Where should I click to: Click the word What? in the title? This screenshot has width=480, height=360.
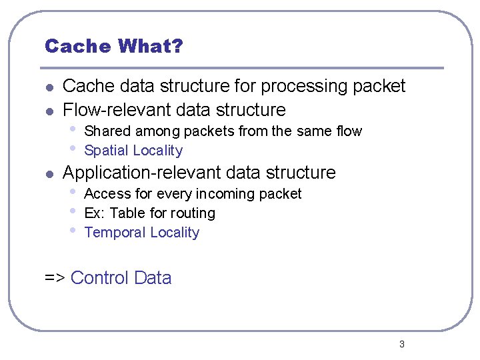point(150,46)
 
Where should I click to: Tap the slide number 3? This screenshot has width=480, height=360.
point(401,344)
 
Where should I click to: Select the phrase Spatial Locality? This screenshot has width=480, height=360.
point(133,151)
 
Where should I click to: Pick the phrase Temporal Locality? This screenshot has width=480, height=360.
point(142,233)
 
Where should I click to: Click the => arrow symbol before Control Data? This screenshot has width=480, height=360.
point(54,278)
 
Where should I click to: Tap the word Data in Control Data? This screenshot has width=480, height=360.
point(153,278)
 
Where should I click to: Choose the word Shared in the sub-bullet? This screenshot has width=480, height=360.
point(107,131)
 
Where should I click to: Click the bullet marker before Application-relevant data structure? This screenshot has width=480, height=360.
point(48,173)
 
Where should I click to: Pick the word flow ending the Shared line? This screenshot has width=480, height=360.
point(349,131)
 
